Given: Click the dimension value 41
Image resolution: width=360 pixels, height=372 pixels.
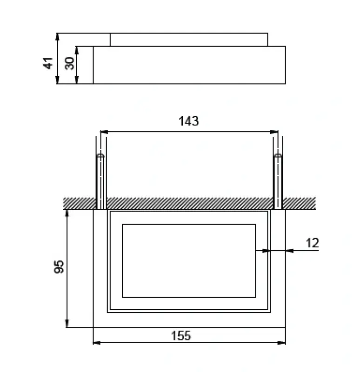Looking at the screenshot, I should pos(48,63).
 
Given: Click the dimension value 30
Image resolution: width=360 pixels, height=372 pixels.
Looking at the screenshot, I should pos(69,63).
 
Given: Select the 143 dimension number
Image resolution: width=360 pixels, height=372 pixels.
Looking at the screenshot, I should pos(188,121).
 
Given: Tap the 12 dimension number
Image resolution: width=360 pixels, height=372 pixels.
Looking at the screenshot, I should pos(313,243).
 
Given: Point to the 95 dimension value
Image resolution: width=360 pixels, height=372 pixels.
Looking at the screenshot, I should pos(59,267).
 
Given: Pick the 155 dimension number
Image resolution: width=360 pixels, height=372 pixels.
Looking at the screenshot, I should pos(181,336).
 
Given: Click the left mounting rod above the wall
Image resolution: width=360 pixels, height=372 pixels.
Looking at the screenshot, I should pos(100,181).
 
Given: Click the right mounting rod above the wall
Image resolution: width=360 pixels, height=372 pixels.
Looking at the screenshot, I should pos(278,181).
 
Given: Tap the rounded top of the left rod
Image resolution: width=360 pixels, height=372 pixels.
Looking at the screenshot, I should pos(100,156).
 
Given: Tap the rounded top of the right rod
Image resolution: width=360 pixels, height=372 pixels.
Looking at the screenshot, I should pos(278,156).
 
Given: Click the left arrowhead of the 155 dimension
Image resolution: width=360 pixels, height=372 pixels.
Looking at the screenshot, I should pos(96,343).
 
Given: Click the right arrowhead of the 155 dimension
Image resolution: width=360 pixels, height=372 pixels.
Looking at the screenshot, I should pos(282,343).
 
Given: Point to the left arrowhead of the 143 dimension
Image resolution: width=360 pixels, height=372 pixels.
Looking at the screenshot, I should pos(104,132).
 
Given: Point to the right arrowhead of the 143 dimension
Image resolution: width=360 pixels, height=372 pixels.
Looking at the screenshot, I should pos(274,132).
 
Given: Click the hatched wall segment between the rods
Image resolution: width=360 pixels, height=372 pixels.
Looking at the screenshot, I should pos(188,203).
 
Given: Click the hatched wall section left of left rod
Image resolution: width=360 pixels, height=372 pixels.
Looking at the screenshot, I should pos(79,203).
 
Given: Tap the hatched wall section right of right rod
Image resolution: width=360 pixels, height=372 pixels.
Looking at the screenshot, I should pos(299,203).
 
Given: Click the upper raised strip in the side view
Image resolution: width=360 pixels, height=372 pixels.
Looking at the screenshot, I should pos(188,40).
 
